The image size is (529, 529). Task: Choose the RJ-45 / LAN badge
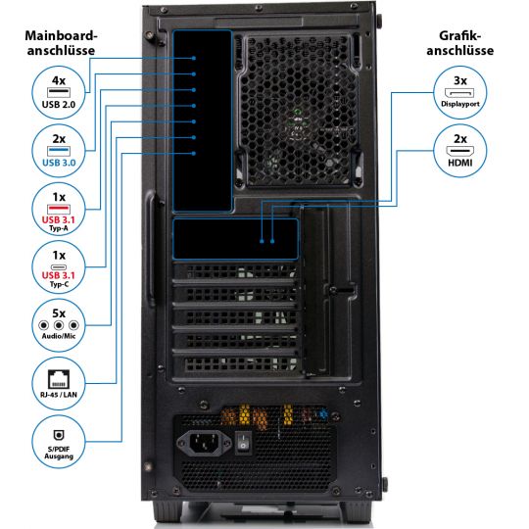click(x=58, y=381)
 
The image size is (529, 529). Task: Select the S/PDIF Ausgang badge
click(x=58, y=441)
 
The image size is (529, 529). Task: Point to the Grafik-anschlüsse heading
click(x=460, y=42)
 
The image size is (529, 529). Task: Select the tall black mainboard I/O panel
click(x=202, y=120)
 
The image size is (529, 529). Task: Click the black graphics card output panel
click(x=235, y=239)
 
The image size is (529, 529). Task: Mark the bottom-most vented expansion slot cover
click(x=235, y=364)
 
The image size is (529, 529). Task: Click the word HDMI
click(x=459, y=163)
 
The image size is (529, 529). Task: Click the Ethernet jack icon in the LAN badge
click(x=58, y=374)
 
